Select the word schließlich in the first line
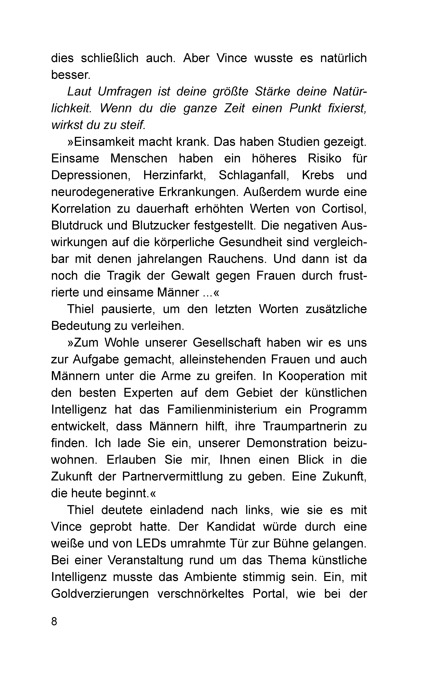click(x=110, y=58)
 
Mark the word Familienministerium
click(x=222, y=410)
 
